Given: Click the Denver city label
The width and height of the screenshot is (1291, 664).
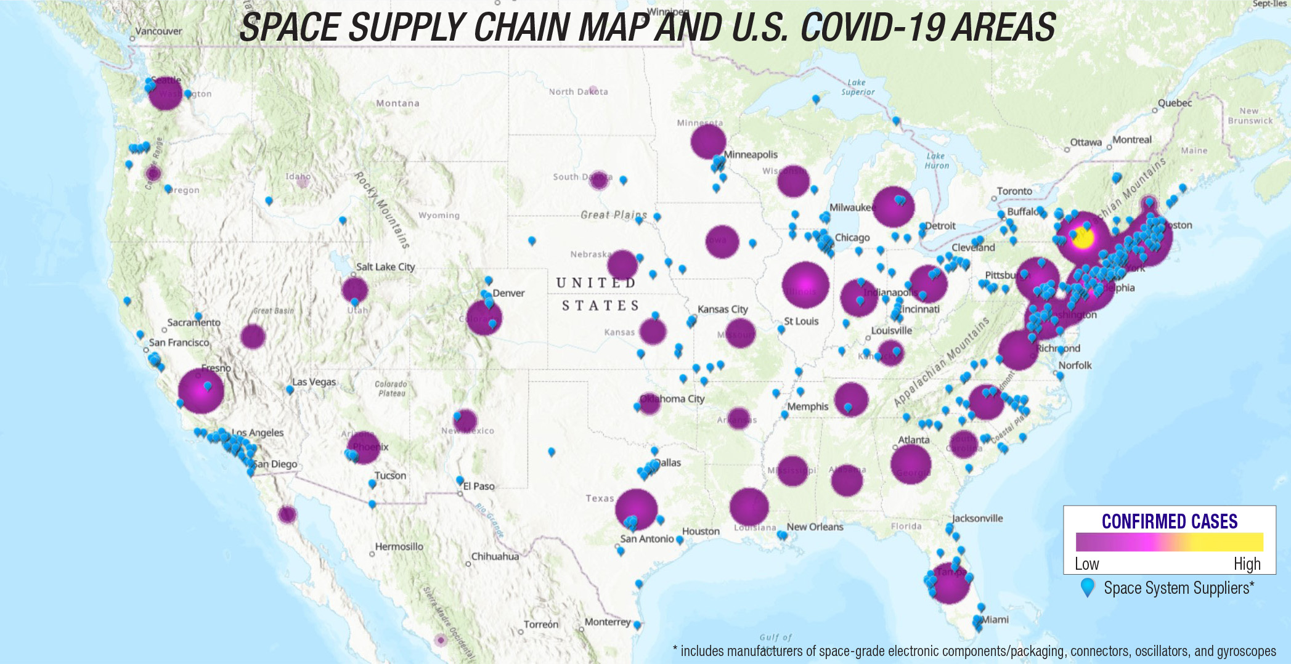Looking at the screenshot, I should click(x=508, y=293).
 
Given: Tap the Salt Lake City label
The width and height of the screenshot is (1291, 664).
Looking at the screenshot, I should click(x=385, y=267).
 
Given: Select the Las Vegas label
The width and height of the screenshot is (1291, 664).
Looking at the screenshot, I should click(x=314, y=382).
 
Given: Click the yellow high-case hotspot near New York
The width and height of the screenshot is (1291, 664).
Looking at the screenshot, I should click(x=1083, y=238).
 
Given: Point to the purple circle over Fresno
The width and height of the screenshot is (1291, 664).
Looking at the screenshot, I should click(x=200, y=391).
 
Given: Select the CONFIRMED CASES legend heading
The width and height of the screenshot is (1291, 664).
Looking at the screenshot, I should click(x=1169, y=522).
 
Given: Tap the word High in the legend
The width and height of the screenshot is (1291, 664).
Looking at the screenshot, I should click(x=1247, y=564).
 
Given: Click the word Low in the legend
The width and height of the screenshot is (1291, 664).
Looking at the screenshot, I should click(x=1086, y=564).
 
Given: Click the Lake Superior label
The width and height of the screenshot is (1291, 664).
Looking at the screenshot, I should click(x=858, y=87).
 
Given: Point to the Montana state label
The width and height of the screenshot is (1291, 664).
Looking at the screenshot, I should click(x=397, y=103).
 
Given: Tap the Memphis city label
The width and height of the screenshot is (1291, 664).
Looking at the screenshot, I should click(x=807, y=407).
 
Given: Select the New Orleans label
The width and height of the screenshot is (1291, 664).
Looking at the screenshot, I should click(x=815, y=527).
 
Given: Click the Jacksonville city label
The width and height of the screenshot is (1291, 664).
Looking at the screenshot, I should click(x=977, y=518).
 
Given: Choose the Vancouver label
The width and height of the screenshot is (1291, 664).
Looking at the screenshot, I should click(x=158, y=31).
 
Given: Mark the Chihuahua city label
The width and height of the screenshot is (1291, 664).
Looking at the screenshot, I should click(x=495, y=556).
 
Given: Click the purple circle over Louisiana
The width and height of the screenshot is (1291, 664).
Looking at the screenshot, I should click(x=749, y=507).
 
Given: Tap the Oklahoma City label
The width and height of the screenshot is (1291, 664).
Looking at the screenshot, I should click(x=672, y=399).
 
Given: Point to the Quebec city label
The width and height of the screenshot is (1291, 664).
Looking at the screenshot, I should click(x=1175, y=103).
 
